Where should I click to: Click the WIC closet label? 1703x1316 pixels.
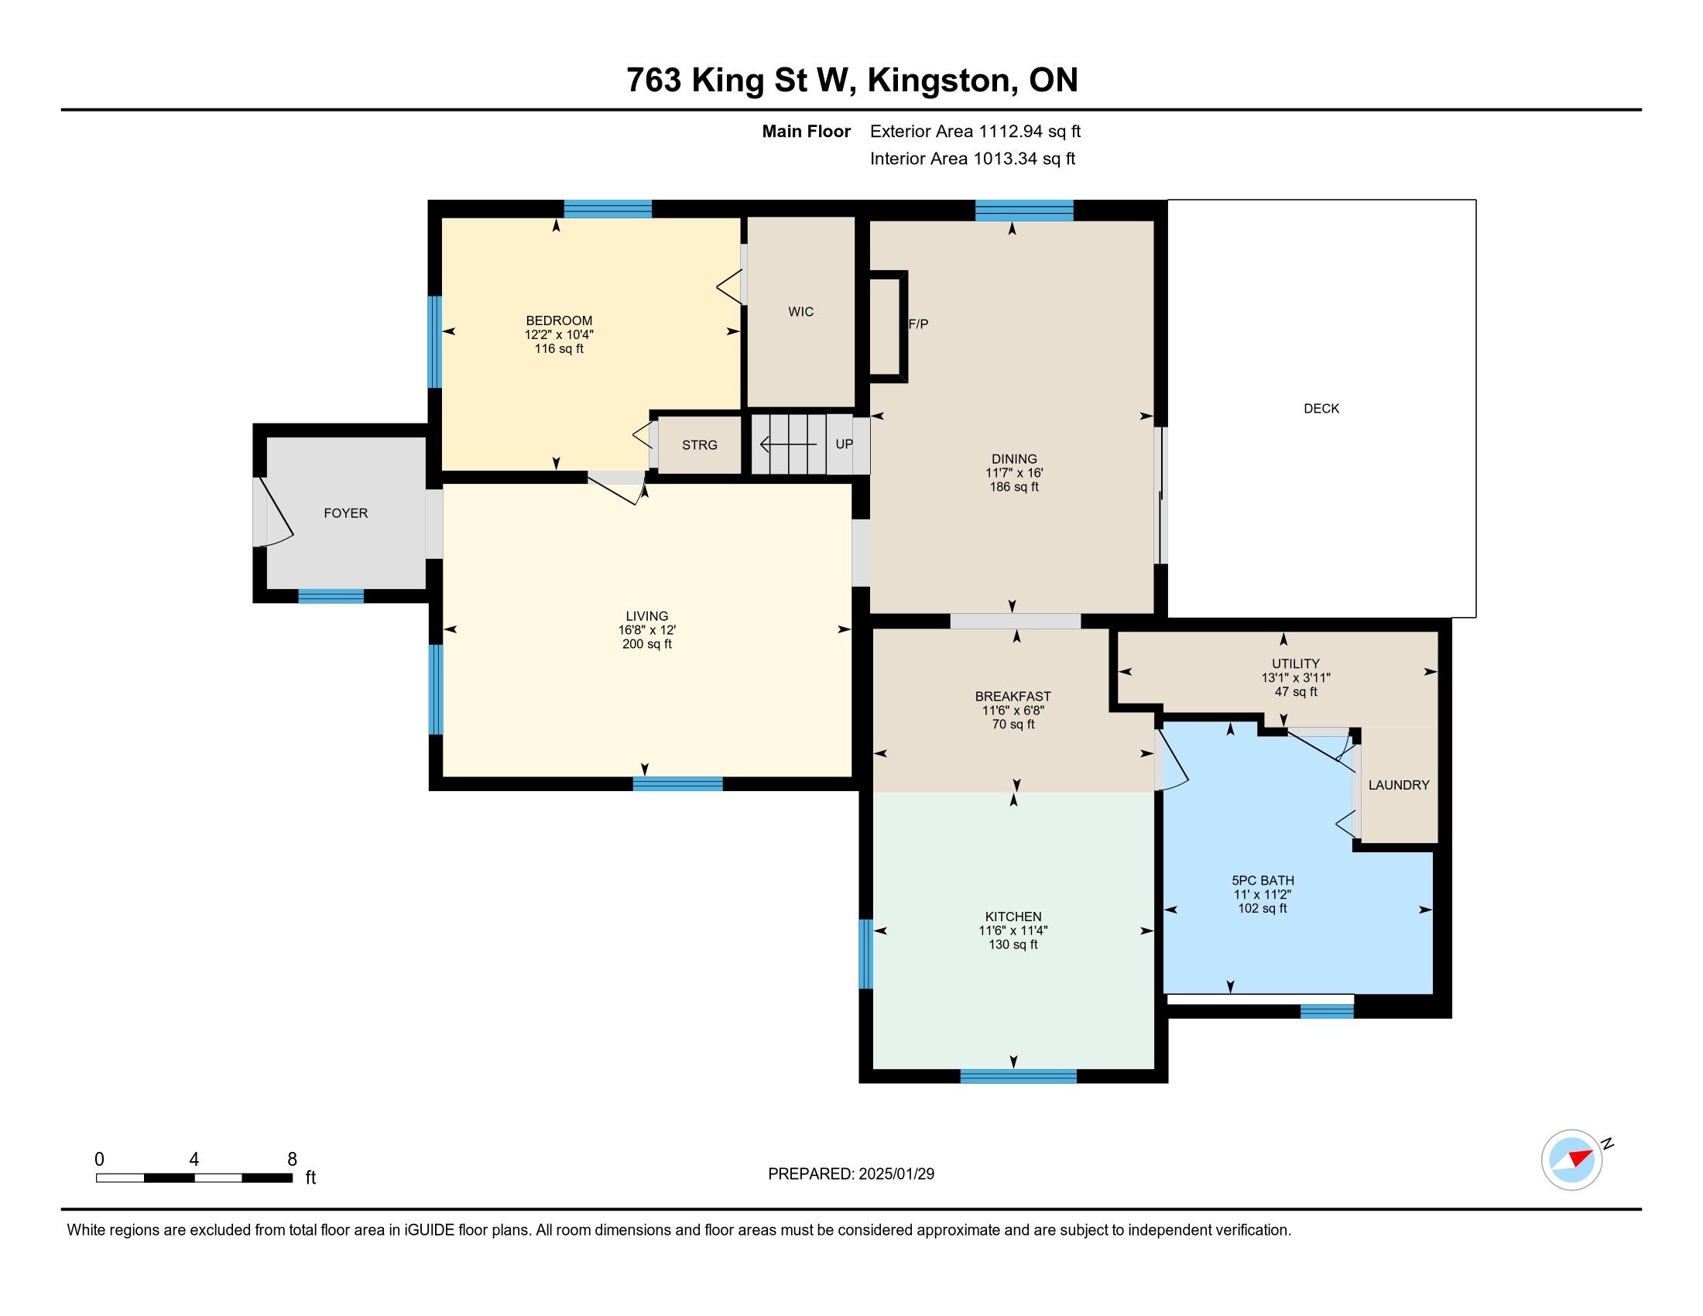tap(801, 312)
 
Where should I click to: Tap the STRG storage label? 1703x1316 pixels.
tap(700, 445)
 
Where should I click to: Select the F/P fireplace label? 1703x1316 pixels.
tap(919, 324)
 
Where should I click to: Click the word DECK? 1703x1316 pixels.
tap(1321, 409)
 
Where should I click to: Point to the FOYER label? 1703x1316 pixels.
tap(345, 513)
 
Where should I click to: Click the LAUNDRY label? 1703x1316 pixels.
tap(1399, 785)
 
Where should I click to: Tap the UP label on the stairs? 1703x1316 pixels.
tap(845, 444)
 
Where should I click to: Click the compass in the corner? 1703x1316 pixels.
tap(1572, 1160)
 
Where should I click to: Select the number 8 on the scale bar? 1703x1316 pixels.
tap(293, 1160)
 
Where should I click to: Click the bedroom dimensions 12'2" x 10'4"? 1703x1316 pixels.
tap(559, 334)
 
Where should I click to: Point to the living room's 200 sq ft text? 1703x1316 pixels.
tap(647, 644)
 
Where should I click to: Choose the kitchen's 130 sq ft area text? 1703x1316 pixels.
tap(1013, 945)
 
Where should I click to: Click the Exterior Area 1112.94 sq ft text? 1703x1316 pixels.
tap(975, 132)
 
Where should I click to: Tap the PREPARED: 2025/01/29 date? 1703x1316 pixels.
tap(851, 1174)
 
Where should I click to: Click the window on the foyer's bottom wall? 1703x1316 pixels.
tap(331, 596)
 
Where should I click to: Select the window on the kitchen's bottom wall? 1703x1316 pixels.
tap(1019, 1077)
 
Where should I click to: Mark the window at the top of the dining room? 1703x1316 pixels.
tap(1025, 211)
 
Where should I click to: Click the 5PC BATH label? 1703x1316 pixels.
tap(1263, 881)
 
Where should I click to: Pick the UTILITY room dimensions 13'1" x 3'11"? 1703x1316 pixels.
tap(1296, 678)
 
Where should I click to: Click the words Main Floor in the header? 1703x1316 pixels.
tap(807, 132)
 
